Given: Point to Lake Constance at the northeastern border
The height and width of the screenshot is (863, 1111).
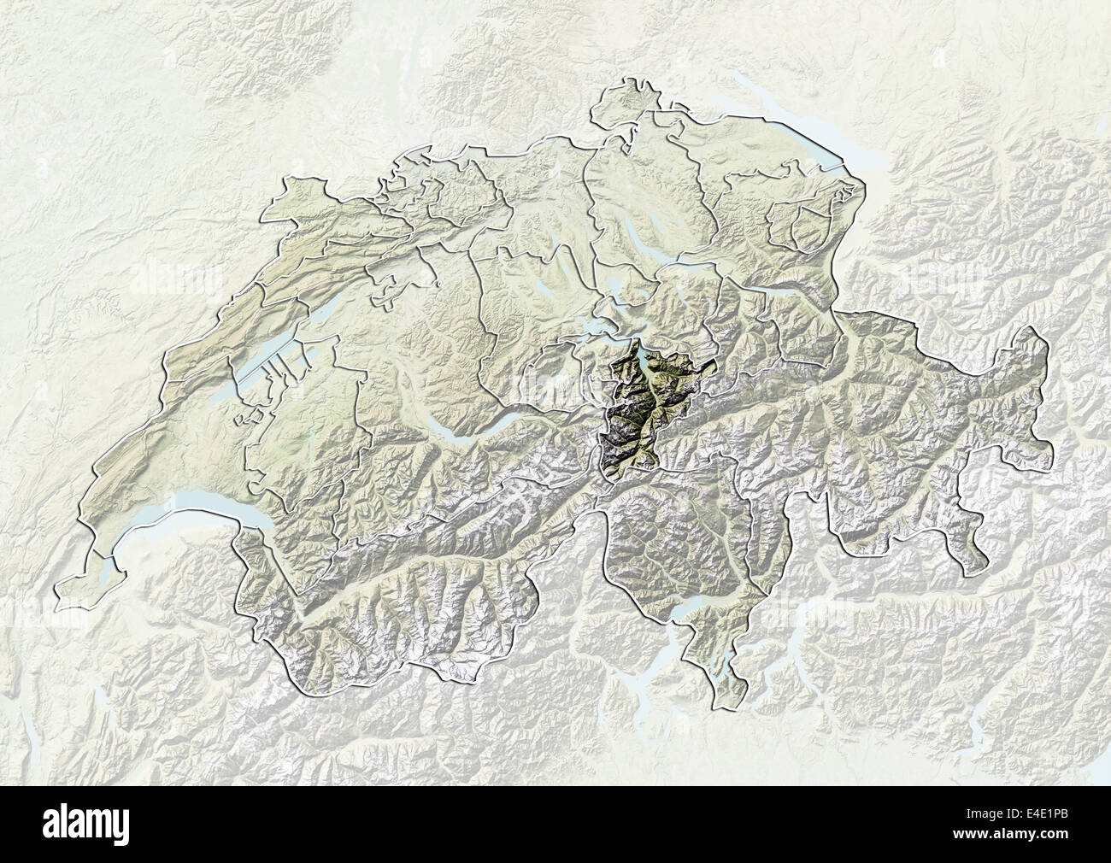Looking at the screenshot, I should tap(795, 128).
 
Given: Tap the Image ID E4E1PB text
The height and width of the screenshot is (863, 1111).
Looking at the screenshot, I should tap(1021, 813).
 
